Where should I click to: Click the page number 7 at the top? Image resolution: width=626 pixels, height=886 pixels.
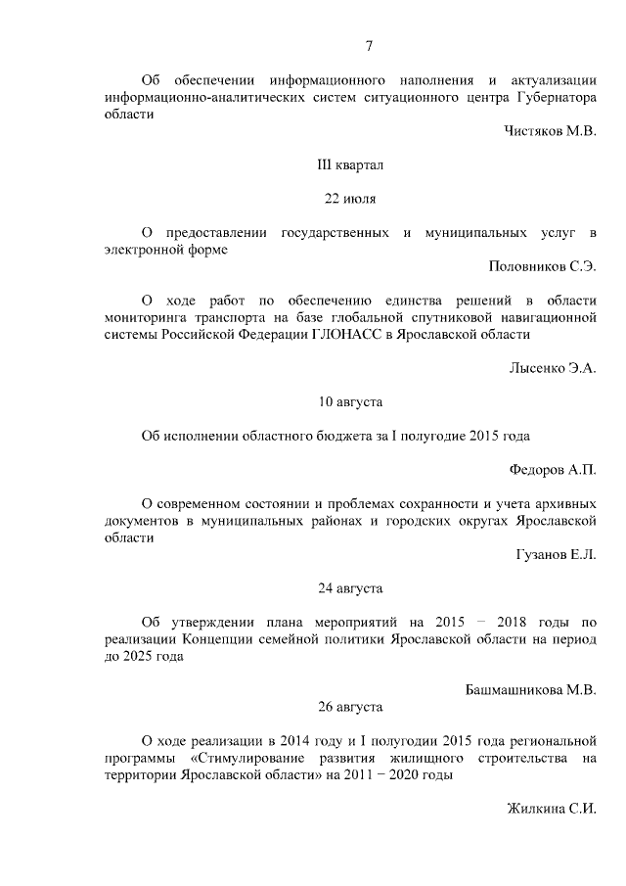(370, 46)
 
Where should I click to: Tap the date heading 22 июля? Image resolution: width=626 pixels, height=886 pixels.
(350, 199)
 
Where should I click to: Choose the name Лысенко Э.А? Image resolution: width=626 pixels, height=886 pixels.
(552, 368)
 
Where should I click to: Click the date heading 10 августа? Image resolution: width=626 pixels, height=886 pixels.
(350, 401)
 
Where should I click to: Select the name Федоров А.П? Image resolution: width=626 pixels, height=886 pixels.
(554, 470)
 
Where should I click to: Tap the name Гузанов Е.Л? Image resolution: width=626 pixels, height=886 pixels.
(556, 555)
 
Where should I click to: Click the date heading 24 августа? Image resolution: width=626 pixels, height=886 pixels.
(350, 588)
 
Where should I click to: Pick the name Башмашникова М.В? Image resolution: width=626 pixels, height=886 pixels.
(530, 689)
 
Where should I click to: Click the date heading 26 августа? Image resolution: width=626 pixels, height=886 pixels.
(350, 706)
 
